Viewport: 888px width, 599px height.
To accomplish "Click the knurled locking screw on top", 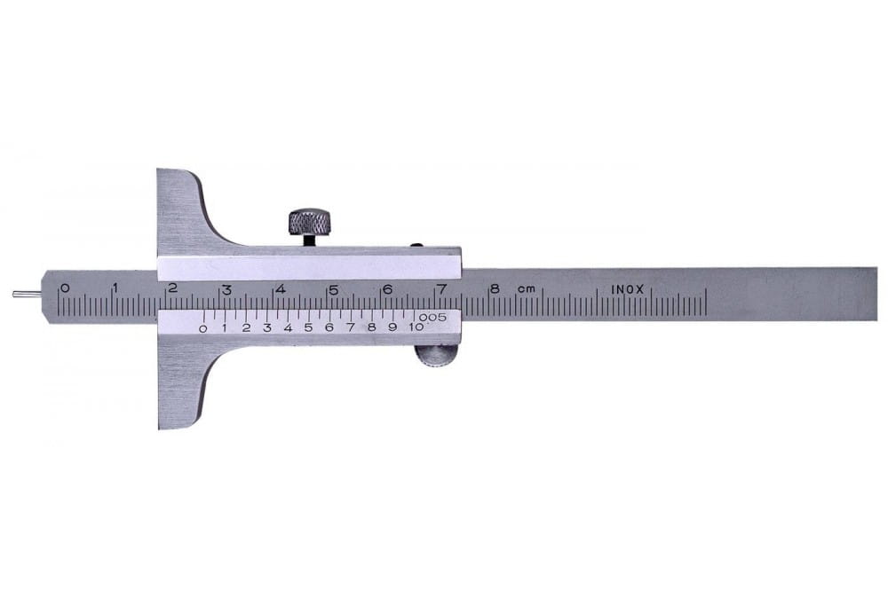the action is click(310, 223).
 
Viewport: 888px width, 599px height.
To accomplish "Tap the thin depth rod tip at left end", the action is click(14, 293).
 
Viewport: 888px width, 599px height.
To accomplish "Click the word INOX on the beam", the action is click(628, 289).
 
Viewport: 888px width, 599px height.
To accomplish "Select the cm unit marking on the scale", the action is click(526, 289).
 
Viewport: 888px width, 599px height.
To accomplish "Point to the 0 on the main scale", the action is click(65, 288).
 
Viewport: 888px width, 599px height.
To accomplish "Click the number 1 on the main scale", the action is click(115, 288).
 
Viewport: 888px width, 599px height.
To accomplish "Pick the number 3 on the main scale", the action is click(226, 290).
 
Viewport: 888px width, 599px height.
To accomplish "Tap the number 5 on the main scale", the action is click(334, 290).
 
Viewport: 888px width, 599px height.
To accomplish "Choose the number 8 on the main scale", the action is click(495, 288).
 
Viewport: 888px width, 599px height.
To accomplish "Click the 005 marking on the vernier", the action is click(432, 317).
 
